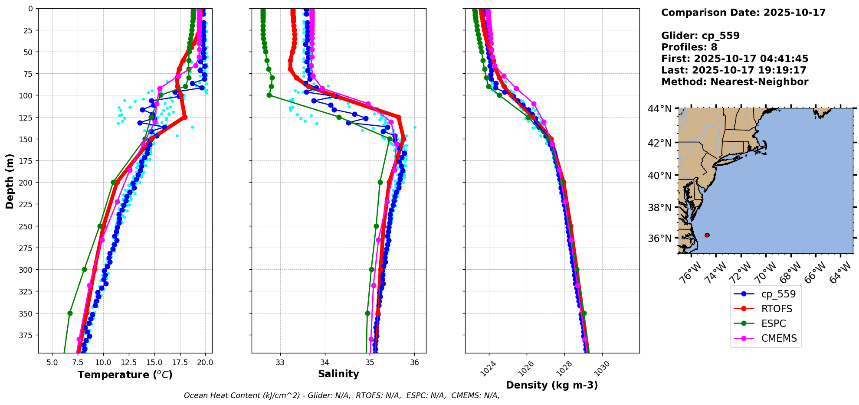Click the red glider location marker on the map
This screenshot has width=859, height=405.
coord(707,235)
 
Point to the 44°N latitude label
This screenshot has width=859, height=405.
coord(660,108)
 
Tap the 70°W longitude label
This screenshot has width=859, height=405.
coord(766,273)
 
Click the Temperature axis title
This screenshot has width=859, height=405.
coord(125,375)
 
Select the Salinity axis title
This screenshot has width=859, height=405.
coord(338,374)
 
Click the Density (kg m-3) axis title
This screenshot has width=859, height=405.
coord(552,385)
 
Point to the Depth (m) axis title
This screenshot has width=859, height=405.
coord(10,181)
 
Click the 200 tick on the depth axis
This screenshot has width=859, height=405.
coord(27,183)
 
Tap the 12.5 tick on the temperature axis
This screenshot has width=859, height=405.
coord(128,363)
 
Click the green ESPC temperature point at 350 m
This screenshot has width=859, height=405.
coord(70,313)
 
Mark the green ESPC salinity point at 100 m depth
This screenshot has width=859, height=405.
coord(269,95)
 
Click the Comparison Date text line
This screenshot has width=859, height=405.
coord(743,13)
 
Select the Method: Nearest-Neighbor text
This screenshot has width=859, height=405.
coord(734,82)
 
